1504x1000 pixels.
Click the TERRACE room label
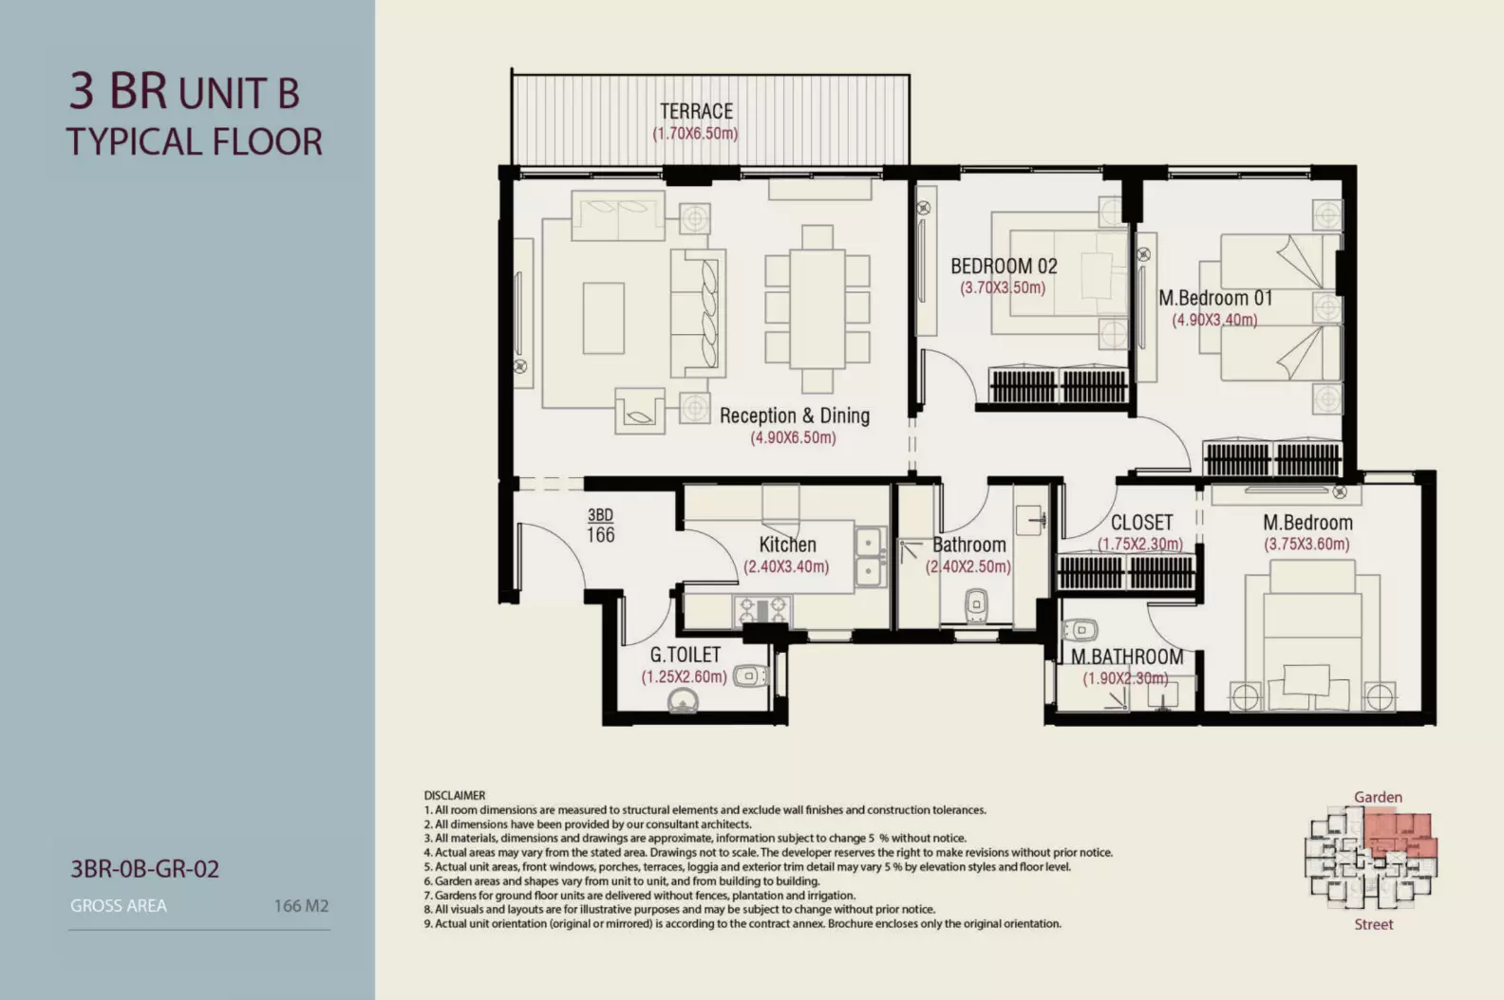coord(696,111)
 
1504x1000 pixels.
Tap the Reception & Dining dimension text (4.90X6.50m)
coord(793,438)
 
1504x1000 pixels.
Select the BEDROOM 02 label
coord(1004,267)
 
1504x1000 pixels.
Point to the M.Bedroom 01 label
coord(1215,298)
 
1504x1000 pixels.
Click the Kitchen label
coord(787,545)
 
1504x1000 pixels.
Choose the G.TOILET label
coord(685,655)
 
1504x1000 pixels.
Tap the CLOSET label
coord(1141,523)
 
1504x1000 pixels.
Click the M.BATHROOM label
coord(1127,657)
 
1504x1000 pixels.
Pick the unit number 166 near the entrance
coord(600,534)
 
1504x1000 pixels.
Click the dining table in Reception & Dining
coord(818,308)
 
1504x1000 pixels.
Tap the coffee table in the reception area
coord(604,318)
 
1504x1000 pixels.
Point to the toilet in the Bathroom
coord(975,605)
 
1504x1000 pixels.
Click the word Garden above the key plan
coord(1378,798)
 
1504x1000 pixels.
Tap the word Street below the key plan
coord(1374,924)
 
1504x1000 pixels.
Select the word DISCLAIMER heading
coord(455,795)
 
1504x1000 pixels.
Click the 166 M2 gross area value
coord(302,906)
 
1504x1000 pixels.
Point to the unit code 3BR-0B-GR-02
coord(145,869)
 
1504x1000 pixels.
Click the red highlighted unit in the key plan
coord(1400,835)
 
